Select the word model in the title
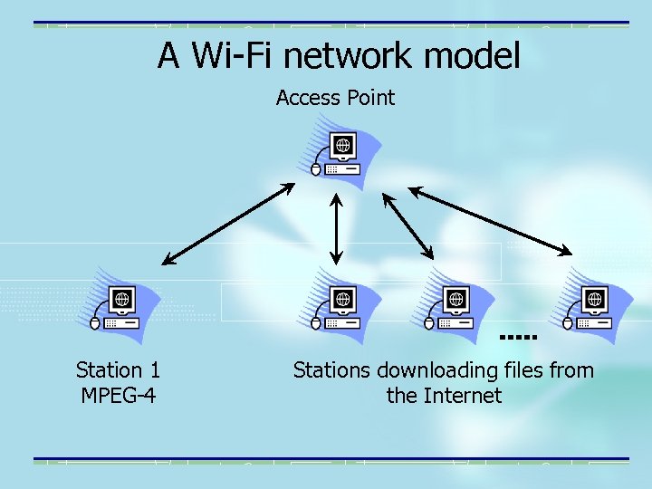pyautogui.click(x=473, y=56)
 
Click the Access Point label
pyautogui.click(x=335, y=98)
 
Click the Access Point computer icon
pyautogui.click(x=340, y=154)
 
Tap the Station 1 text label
pyautogui.click(x=119, y=370)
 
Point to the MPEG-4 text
pyautogui.click(x=119, y=396)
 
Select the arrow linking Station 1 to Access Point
pyautogui.click(x=228, y=225)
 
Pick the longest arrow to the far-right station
pyautogui.click(x=490, y=220)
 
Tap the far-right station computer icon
pyautogui.click(x=593, y=307)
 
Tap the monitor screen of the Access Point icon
pyautogui.click(x=343, y=145)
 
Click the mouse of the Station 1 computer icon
pyautogui.click(x=94, y=321)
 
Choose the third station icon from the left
pyautogui.click(x=453, y=307)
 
